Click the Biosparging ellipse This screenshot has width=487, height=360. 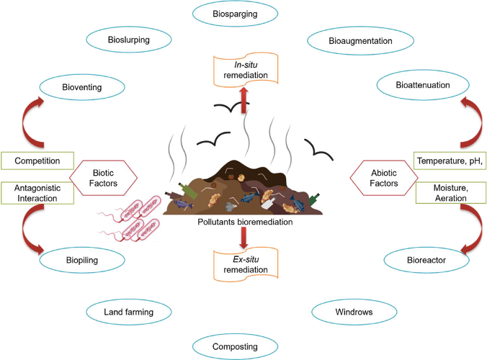click(235, 14)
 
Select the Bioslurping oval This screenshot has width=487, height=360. click(128, 40)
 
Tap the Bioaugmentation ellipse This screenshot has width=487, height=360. click(360, 40)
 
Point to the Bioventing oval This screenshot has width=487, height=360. click(82, 87)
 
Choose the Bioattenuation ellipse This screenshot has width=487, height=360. click(423, 85)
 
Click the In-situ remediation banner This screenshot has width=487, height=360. click(246, 70)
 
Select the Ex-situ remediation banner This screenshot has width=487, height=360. click(246, 264)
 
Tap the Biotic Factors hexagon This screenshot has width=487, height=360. click(103, 178)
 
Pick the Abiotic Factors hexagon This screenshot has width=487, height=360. click(384, 178)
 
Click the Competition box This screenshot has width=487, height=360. click(37, 161)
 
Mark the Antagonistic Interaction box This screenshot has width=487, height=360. click(37, 193)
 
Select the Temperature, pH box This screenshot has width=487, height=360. click(450, 161)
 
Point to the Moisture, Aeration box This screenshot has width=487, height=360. click(451, 193)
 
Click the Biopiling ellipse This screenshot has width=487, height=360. click(82, 260)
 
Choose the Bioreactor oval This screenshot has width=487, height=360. click(426, 260)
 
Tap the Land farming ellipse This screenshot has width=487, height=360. click(128, 312)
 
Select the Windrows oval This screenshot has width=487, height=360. click(354, 312)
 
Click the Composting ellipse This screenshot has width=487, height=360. click(235, 346)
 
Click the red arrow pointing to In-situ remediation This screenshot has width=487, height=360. click(243, 100)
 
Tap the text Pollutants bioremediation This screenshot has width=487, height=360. click(245, 222)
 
